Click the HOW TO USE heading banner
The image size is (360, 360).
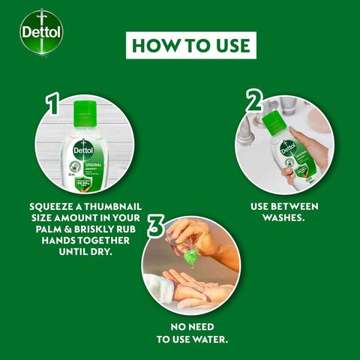pyautogui.click(x=190, y=44)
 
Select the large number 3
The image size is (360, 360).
pyautogui.click(x=155, y=226)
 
